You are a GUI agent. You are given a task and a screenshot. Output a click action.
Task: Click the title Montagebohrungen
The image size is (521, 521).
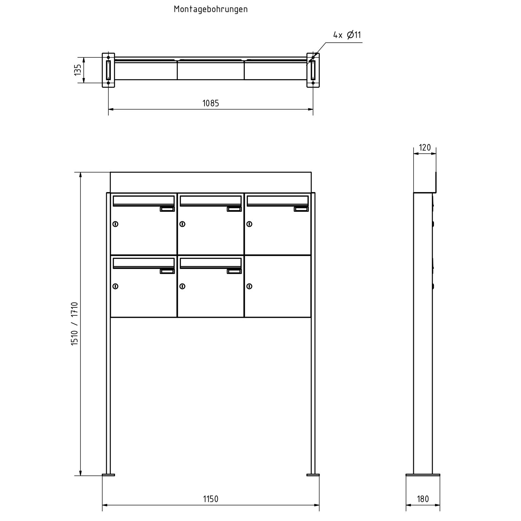pyautogui.click(x=211, y=9)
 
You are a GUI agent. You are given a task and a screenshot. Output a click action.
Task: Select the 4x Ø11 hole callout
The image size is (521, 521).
pyautogui.click(x=347, y=35)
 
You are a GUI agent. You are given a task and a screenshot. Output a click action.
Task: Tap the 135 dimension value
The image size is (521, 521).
pyautogui.click(x=77, y=70)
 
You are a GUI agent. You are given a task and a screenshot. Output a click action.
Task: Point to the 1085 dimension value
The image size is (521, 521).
pyautogui.click(x=211, y=103)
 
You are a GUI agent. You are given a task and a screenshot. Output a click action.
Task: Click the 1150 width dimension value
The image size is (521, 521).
pyautogui.click(x=211, y=499)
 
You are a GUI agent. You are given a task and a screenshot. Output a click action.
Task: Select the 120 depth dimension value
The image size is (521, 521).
pyautogui.click(x=425, y=148)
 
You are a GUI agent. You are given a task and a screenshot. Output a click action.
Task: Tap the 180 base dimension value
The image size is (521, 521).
pyautogui.click(x=423, y=499)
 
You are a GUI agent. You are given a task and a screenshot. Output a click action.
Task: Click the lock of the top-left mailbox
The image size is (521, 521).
pyautogui.click(x=115, y=224)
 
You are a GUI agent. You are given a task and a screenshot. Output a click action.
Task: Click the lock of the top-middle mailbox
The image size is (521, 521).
pyautogui.click(x=182, y=224)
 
